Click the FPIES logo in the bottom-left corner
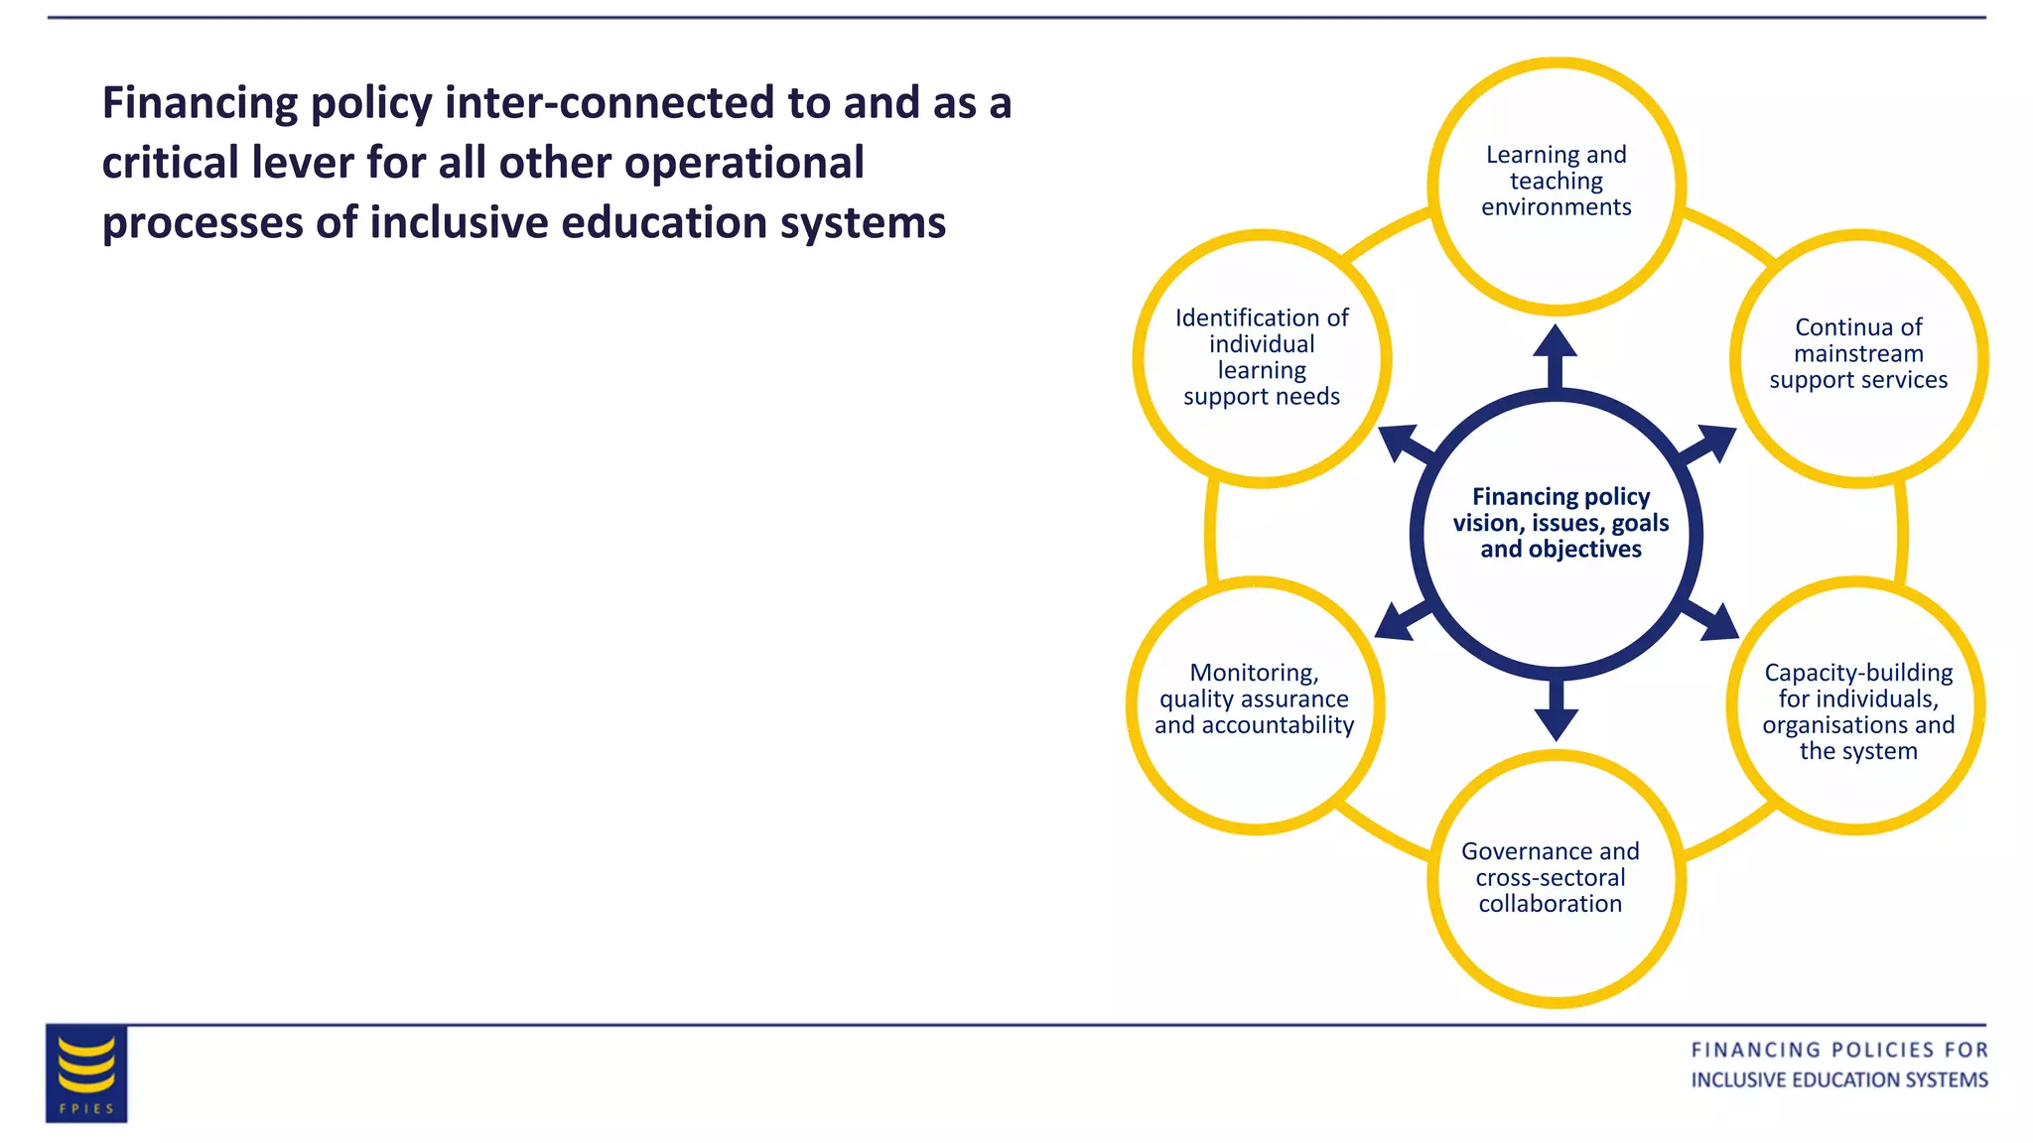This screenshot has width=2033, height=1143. coord(86,1074)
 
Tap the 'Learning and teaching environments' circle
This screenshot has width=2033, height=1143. coord(1557,186)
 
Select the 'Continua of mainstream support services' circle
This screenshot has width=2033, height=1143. coord(1858,358)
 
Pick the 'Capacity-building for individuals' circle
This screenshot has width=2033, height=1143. coord(1856,705)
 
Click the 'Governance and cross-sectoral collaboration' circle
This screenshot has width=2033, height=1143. coord(1555,878)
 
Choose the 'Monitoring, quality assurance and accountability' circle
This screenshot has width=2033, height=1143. coord(1255,704)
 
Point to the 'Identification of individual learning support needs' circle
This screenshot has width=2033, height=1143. coord(1262,358)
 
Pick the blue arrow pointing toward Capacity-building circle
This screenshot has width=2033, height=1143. coord(1712,621)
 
